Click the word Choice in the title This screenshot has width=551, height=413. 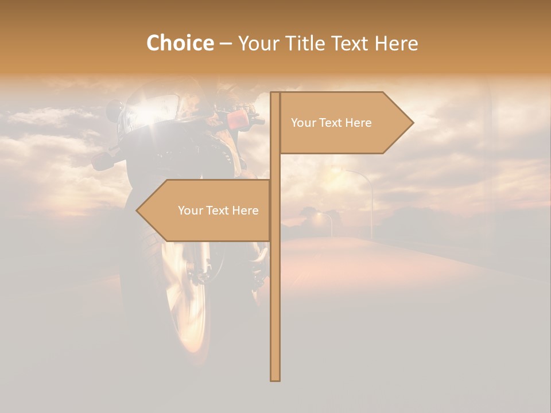click(180, 43)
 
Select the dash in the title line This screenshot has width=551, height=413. click(226, 44)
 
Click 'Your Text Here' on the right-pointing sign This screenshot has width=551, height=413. click(331, 123)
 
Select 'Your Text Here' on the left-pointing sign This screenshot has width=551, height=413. click(218, 211)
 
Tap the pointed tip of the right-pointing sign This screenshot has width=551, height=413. click(412, 122)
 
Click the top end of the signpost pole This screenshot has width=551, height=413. click(275, 93)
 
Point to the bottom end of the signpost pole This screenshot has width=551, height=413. click(275, 379)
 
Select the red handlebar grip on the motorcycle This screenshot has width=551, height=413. click(236, 119)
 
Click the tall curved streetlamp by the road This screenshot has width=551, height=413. click(367, 189)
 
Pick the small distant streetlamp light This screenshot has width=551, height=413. click(319, 217)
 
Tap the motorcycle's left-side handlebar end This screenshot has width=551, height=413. click(101, 161)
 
